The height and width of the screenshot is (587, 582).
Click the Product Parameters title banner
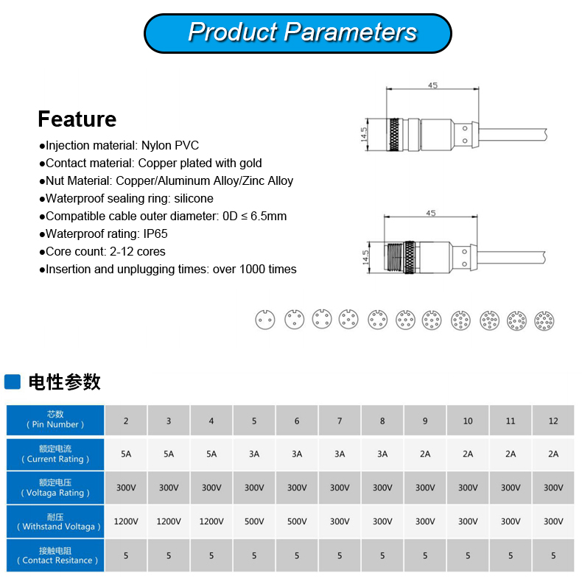[298, 33]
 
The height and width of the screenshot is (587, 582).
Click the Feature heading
[77, 119]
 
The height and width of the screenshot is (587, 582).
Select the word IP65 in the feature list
[155, 233]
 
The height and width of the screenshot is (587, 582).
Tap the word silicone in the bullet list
[194, 198]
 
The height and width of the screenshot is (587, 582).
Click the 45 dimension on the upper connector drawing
[432, 85]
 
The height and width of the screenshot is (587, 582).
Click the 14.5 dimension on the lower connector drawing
[365, 257]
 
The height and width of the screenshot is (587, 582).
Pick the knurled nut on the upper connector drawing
[394, 135]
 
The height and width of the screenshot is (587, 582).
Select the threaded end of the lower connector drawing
[393, 258]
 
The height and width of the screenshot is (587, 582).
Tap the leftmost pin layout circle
[265, 320]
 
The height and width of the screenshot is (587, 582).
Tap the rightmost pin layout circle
[544, 321]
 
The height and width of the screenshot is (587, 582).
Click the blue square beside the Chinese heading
[13, 382]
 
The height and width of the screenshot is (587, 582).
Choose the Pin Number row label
[55, 420]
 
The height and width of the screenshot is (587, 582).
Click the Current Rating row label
[55, 454]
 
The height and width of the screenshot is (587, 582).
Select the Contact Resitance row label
[55, 555]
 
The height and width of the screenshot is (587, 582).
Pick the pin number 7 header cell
[340, 421]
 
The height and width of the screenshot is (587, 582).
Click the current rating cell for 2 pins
[126, 454]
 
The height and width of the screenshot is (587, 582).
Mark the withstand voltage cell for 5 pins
[254, 521]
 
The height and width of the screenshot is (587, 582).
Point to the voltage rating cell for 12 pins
[553, 488]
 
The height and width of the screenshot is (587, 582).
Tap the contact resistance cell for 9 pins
[425, 555]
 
